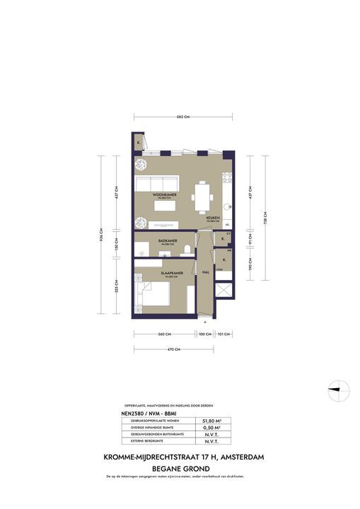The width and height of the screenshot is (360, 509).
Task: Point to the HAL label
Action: point(204,271)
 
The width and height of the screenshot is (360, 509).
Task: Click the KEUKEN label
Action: point(212,218)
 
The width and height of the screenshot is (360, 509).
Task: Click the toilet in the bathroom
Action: point(187,247)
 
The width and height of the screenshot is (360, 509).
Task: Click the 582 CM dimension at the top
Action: point(182,117)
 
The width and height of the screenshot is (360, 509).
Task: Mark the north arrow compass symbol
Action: point(338,387)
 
